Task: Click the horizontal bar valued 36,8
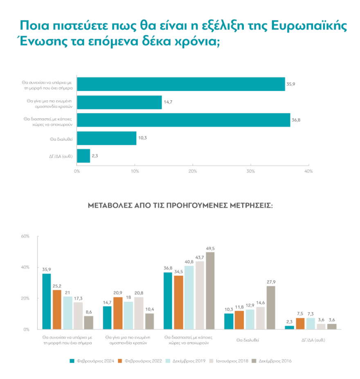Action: click(x=183, y=120)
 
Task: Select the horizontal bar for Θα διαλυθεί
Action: click(x=106, y=138)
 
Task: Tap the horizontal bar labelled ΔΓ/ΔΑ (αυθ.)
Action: click(x=83, y=156)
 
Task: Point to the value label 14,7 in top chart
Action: click(x=168, y=102)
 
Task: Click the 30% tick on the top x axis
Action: click(x=251, y=171)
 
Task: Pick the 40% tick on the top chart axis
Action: click(x=308, y=171)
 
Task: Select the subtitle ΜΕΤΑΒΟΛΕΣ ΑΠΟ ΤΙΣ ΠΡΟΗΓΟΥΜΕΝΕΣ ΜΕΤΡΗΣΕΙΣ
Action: click(x=180, y=205)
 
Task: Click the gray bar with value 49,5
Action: click(x=210, y=291)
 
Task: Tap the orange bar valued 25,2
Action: click(x=57, y=309)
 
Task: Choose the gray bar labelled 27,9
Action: click(x=271, y=307)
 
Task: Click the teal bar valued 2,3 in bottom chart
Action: click(x=289, y=327)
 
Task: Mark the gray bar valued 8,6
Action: click(x=88, y=323)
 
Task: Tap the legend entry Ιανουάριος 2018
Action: click(x=229, y=361)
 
